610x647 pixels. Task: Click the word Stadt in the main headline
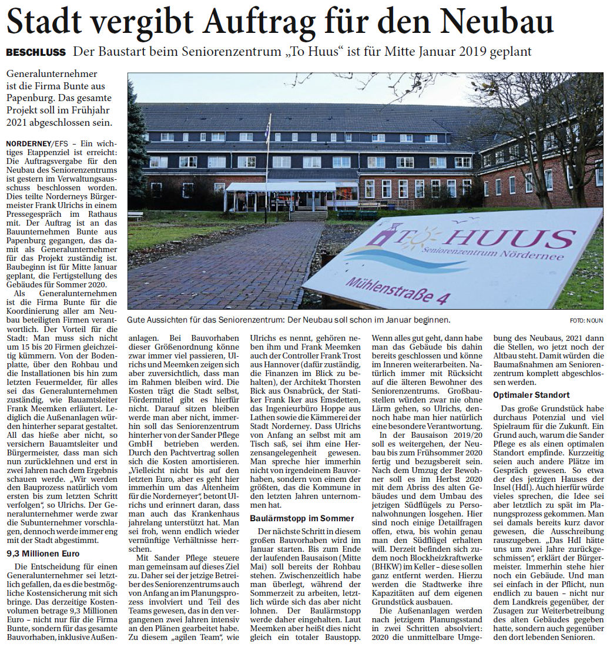point(46,22)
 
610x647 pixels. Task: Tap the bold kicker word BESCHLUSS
point(36,52)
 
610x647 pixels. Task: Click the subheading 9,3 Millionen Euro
point(43,553)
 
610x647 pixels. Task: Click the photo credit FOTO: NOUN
point(585,320)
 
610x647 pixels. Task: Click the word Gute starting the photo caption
point(136,320)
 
